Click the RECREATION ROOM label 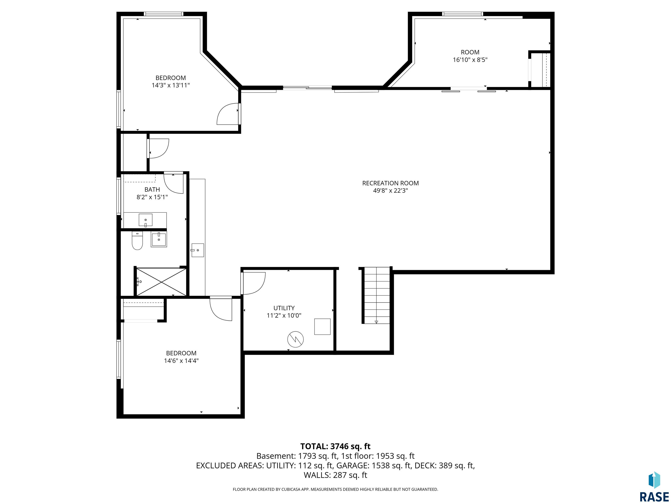(390, 183)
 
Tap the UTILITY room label (284, 308)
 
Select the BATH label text (152, 189)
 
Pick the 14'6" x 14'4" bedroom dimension (181, 360)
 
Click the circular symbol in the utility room (296, 339)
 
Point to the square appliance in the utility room (322, 327)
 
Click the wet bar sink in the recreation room (197, 250)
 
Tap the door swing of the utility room (254, 283)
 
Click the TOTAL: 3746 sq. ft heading (335, 446)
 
